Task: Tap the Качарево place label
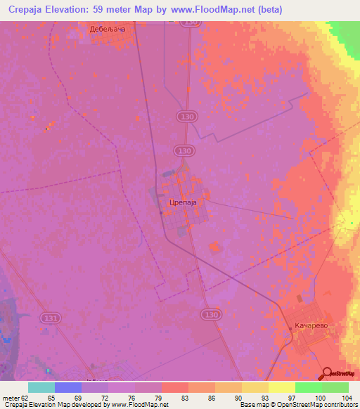click(309, 327)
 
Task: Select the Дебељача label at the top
click(107, 30)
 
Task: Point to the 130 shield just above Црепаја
click(184, 150)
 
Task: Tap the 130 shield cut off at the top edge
click(188, 22)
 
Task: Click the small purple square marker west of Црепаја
click(161, 214)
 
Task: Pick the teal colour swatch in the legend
click(41, 387)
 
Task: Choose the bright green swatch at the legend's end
click(335, 387)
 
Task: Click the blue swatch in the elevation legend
click(68, 387)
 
